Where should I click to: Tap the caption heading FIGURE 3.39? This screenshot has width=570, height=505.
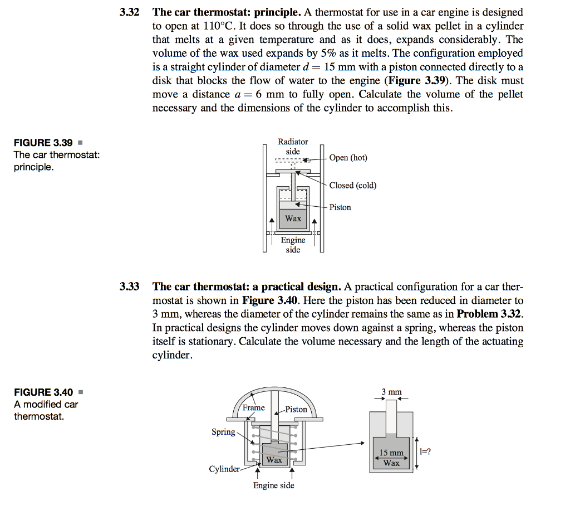(x=43, y=143)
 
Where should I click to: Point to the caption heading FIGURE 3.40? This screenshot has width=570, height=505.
(x=43, y=392)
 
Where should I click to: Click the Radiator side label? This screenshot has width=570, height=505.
(x=293, y=147)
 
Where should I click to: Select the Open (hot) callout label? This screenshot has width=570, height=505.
(x=348, y=158)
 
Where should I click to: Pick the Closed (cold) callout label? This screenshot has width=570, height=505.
(x=352, y=185)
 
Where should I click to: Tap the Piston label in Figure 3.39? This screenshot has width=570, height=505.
(x=340, y=207)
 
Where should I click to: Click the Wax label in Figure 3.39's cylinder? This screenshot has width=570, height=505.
(x=293, y=218)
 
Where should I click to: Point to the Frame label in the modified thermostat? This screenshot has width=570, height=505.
(x=254, y=408)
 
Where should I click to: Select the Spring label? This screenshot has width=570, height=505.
(x=223, y=432)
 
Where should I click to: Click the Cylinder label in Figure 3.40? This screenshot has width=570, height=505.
(x=224, y=469)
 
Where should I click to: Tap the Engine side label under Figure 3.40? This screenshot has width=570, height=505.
(x=273, y=485)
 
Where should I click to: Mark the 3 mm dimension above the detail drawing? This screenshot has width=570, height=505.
(x=391, y=392)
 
